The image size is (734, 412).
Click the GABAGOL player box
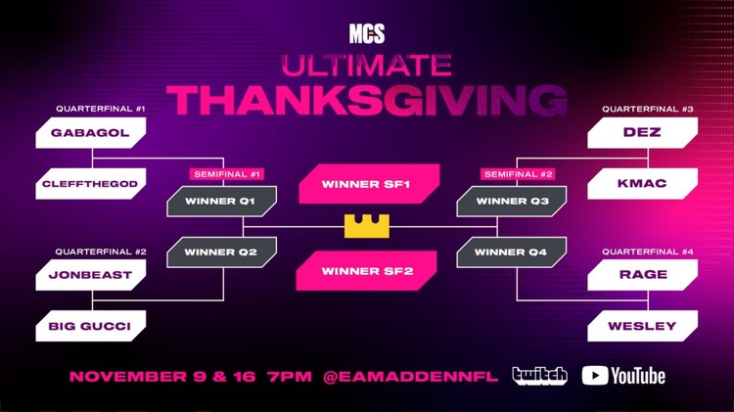coord(91,132)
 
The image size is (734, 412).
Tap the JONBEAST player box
coord(91,275)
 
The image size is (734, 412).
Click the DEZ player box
coord(641,132)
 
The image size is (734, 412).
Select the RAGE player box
coord(641,275)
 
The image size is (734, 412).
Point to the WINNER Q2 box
coord(220,252)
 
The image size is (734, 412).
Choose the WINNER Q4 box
coord(512,252)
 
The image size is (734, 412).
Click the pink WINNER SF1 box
coord(366,183)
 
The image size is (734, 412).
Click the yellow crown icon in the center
coord(366,226)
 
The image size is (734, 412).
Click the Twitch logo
coord(538,376)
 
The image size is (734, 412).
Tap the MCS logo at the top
coord(367,35)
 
